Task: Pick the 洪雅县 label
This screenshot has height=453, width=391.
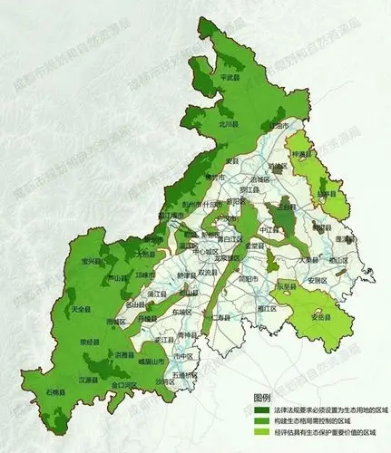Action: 127,354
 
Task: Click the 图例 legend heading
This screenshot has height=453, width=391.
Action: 262,398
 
